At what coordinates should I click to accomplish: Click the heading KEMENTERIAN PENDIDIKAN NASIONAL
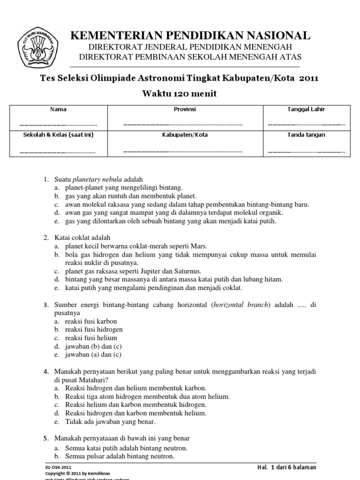point(189,36)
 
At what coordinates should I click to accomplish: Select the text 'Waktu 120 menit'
point(180,93)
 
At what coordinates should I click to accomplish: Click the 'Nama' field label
point(58,109)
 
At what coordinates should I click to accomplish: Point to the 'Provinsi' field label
point(185,109)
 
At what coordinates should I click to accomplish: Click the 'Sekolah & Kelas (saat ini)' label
point(58,135)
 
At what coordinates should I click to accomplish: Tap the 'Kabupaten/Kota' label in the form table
point(185,135)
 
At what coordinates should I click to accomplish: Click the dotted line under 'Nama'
point(58,125)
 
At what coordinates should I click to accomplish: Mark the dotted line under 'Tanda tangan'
point(306,151)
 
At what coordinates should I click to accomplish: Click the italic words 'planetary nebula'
point(97,180)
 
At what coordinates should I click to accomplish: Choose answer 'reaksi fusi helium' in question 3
point(91,338)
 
